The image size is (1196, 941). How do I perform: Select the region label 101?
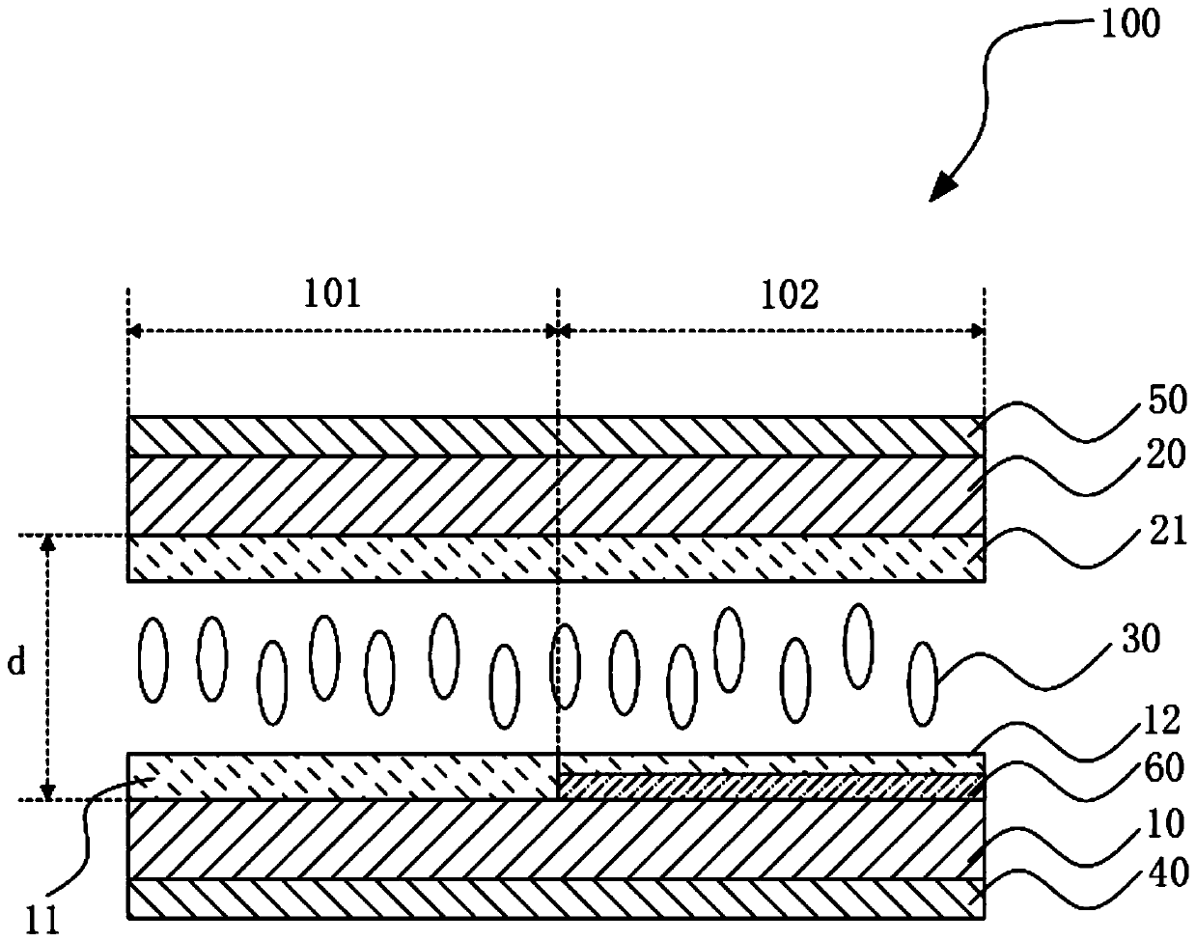pyautogui.click(x=332, y=294)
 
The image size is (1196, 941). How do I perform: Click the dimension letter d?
pyautogui.click(x=16, y=665)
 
